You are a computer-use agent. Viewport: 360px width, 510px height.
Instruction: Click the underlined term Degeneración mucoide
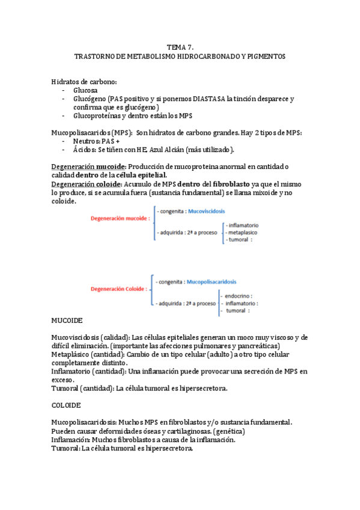click(88, 167)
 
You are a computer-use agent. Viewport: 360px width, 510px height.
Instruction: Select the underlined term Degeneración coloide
click(87, 184)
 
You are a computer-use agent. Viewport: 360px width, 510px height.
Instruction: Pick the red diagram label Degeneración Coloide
click(119, 289)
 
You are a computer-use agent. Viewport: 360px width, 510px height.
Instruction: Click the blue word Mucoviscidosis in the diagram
click(209, 212)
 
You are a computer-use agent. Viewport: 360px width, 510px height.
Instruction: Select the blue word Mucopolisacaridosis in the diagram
click(212, 281)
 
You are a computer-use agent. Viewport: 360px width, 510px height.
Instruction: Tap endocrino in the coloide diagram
click(238, 296)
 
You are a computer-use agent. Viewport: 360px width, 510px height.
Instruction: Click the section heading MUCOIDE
click(67, 321)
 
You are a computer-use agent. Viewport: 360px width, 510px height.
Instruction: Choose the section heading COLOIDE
click(67, 406)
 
